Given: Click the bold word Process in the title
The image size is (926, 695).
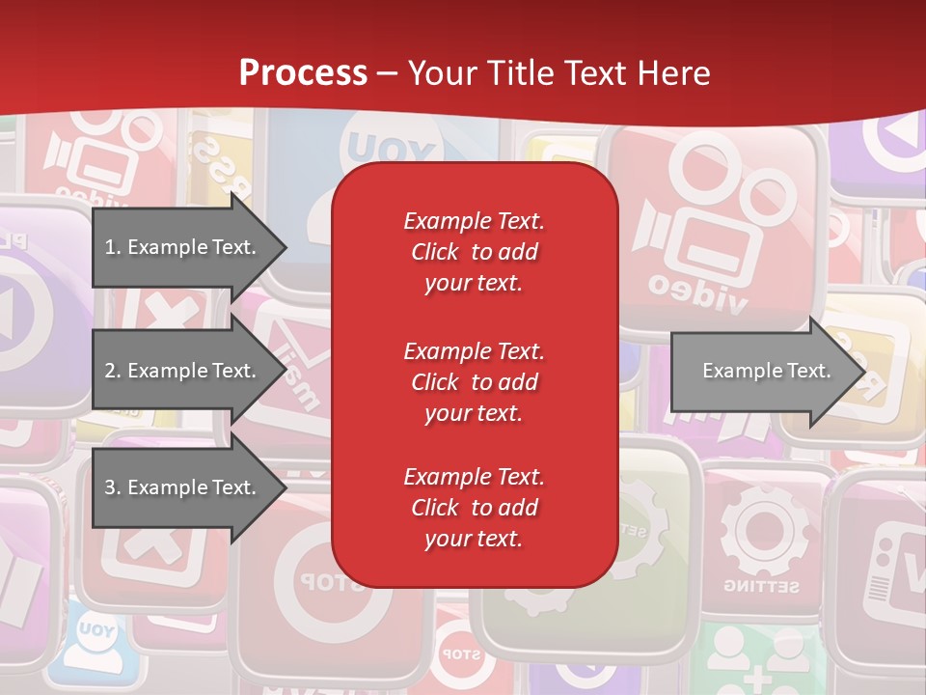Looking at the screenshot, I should click(x=303, y=73).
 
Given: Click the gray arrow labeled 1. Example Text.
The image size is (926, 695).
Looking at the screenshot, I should click(x=183, y=247).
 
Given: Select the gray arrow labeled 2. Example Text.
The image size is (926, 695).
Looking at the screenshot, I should click(x=183, y=371).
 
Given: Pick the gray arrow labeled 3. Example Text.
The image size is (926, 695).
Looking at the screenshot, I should click(x=183, y=487).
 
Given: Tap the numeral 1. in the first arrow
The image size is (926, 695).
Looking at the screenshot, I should click(x=113, y=247).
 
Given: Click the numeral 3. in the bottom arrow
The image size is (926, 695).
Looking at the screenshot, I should click(x=113, y=487).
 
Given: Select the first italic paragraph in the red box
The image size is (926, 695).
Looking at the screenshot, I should click(x=474, y=252).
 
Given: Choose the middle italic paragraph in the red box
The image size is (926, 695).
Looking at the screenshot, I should click(x=474, y=381).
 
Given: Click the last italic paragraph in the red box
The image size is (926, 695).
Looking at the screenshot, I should click(x=474, y=508).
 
